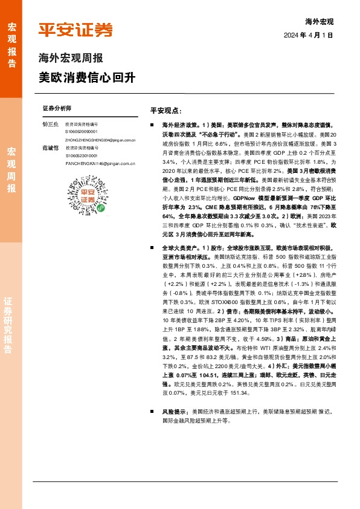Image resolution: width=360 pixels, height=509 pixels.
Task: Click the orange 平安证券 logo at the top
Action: tap(76, 30)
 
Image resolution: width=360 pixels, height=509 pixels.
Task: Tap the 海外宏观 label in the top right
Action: tap(319, 21)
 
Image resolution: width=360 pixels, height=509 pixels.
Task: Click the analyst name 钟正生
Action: tap(51, 123)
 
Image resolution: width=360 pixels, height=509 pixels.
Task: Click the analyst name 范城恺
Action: tap(51, 148)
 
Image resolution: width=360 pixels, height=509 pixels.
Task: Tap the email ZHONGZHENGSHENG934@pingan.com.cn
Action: tap(100, 140)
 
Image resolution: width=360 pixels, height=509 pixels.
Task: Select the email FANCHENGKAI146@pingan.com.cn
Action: tap(96, 163)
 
